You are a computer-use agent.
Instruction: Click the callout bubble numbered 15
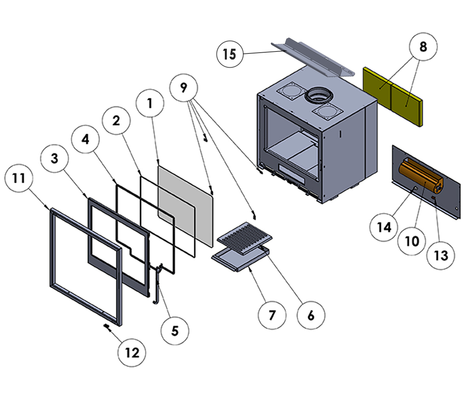coord(230,54)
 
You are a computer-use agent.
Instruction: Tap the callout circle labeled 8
coord(423,47)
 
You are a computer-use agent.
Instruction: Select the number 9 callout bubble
coord(184,88)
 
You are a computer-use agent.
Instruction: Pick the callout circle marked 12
coord(132,353)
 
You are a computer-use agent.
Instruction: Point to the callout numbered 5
coord(175,331)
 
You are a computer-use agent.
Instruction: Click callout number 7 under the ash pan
coord(272,315)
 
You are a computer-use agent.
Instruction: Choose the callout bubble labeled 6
coord(311,316)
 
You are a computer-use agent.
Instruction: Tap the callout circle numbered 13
coord(441,255)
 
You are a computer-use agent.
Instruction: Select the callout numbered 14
coord(384,227)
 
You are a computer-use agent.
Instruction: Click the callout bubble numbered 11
coord(19,178)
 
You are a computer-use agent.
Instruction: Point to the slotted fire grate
coord(245,238)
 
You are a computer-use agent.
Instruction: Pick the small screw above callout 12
coord(107,327)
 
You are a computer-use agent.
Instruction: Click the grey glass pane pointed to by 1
coord(186,206)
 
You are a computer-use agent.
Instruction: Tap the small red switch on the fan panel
coord(434,198)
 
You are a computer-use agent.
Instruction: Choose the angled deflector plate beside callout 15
coord(313,57)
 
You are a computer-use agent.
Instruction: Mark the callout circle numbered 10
coord(412,241)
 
